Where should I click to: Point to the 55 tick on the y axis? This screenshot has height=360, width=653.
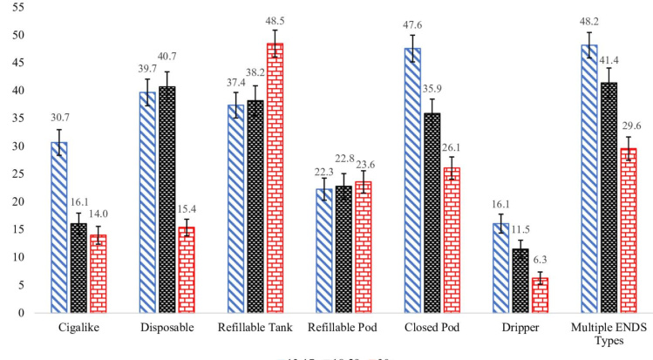click(x=18, y=7)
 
